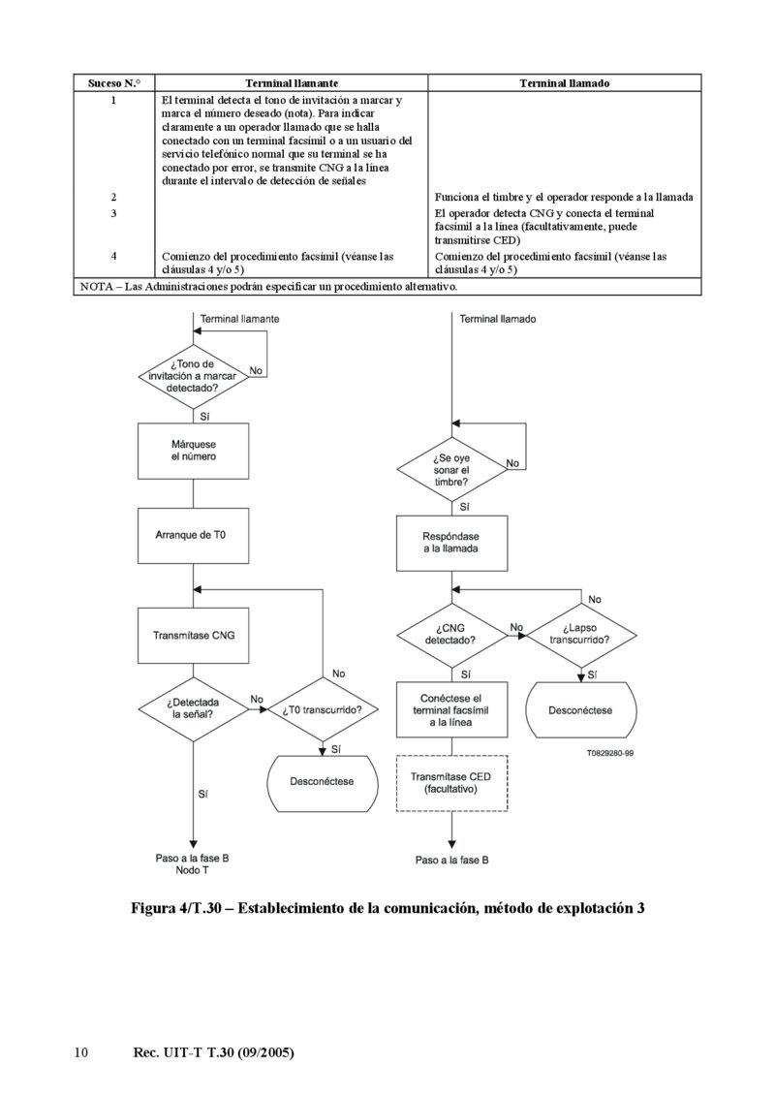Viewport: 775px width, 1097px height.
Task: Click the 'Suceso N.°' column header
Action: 114,84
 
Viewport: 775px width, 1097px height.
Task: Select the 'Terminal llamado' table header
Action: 564,84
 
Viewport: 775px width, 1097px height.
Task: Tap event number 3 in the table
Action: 114,213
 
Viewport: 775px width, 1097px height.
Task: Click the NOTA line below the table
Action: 268,287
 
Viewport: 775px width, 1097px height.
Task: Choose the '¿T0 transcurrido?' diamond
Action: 323,709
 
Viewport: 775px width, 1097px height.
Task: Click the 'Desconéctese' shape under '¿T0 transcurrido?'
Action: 323,781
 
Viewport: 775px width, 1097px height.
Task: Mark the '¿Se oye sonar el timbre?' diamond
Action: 451,470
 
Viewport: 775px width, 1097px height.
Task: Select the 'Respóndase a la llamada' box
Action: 451,543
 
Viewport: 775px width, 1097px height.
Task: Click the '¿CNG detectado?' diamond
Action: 451,635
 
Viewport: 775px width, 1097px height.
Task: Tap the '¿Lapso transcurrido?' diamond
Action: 580,635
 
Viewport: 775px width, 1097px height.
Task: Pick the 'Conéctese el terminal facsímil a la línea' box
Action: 451,710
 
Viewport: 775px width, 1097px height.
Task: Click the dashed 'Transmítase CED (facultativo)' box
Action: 451,783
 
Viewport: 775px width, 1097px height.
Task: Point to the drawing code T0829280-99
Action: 609,752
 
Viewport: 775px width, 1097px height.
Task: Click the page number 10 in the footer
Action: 81,1052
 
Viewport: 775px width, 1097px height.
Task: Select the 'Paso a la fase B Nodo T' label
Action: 193,864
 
